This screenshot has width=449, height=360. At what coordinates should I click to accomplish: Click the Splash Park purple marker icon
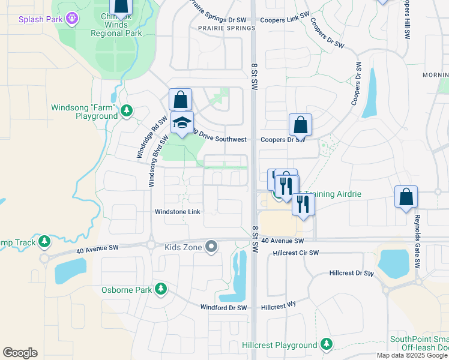point(73,19)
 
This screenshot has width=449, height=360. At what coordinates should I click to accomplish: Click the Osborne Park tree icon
point(160,290)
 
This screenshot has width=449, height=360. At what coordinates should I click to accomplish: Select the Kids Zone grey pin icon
point(211,247)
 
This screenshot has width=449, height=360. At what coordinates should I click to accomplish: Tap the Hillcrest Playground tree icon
point(327,345)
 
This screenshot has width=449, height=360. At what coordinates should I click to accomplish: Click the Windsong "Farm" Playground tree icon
point(127,111)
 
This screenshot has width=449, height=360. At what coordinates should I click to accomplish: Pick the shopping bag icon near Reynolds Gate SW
point(406,196)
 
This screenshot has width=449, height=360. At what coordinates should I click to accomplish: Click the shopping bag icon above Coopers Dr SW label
point(300,125)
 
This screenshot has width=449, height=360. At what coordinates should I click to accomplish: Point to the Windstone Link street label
point(177,212)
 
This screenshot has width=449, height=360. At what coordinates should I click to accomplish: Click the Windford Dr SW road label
point(223,308)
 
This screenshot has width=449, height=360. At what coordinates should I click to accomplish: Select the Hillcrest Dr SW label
point(351,273)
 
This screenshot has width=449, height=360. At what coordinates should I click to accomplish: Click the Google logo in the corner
point(20,353)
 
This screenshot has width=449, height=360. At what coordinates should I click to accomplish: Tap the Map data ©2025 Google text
point(411,355)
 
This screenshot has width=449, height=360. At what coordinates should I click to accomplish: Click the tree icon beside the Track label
point(44,241)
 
